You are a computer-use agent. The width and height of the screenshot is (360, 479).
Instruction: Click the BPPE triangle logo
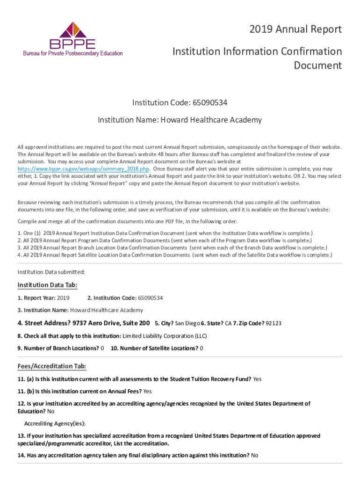click(x=73, y=30)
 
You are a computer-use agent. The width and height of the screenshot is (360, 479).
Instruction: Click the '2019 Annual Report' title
click(x=295, y=30)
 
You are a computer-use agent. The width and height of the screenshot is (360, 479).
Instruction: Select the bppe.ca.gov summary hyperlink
click(x=83, y=168)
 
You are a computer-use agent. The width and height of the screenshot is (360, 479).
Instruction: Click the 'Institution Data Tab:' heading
click(x=47, y=285)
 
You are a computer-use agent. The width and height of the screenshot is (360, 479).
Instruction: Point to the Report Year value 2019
click(x=63, y=298)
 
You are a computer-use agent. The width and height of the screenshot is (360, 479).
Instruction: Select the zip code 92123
click(x=274, y=323)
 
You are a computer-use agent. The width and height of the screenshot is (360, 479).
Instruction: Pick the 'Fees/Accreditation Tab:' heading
click(x=51, y=366)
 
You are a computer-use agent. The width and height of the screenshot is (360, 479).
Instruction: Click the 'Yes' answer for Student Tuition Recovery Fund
click(x=257, y=379)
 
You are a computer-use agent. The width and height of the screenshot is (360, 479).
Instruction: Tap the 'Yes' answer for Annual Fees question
click(x=147, y=391)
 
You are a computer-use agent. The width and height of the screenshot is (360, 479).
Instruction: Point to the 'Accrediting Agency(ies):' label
click(x=55, y=423)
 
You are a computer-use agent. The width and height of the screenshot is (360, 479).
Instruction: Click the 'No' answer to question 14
click(x=254, y=455)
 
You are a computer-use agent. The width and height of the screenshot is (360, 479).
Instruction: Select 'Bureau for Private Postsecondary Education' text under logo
click(x=73, y=53)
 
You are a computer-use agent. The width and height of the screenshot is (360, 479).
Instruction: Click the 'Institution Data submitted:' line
click(x=51, y=272)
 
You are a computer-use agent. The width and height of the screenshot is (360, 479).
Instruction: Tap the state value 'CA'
click(x=228, y=323)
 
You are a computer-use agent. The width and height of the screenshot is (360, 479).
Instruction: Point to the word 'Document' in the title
click(x=317, y=65)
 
